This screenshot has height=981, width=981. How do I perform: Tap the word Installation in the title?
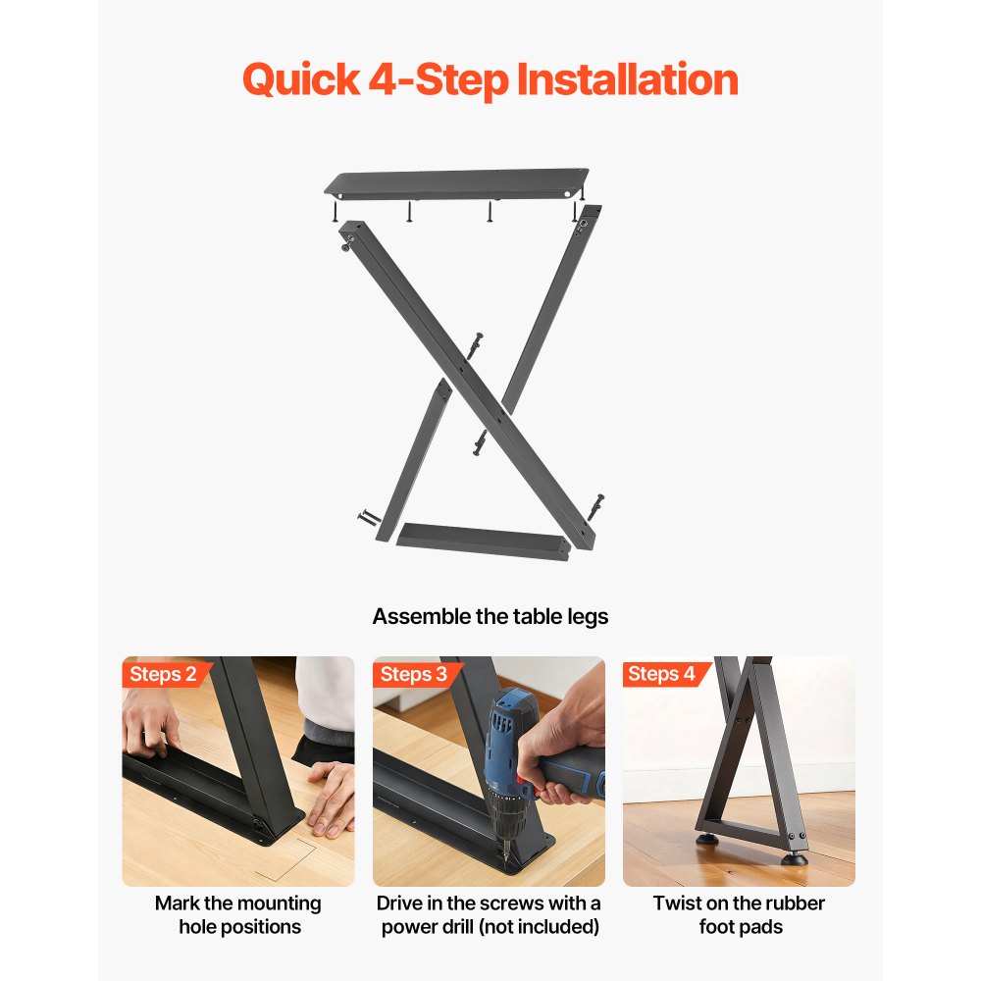click(628, 79)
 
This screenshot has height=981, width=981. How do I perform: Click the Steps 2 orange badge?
click(164, 674)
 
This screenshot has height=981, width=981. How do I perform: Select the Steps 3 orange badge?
click(414, 674)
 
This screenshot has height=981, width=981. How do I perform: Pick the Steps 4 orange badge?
click(662, 674)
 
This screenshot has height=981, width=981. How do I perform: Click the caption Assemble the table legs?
click(490, 617)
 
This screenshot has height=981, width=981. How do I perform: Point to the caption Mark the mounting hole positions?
click(238, 914)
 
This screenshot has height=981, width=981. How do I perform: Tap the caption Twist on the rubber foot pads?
click(739, 914)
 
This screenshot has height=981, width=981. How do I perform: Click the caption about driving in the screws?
click(489, 914)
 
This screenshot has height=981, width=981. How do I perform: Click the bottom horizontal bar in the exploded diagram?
click(483, 539)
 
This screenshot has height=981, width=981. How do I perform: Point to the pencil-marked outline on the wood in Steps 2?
click(294, 852)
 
